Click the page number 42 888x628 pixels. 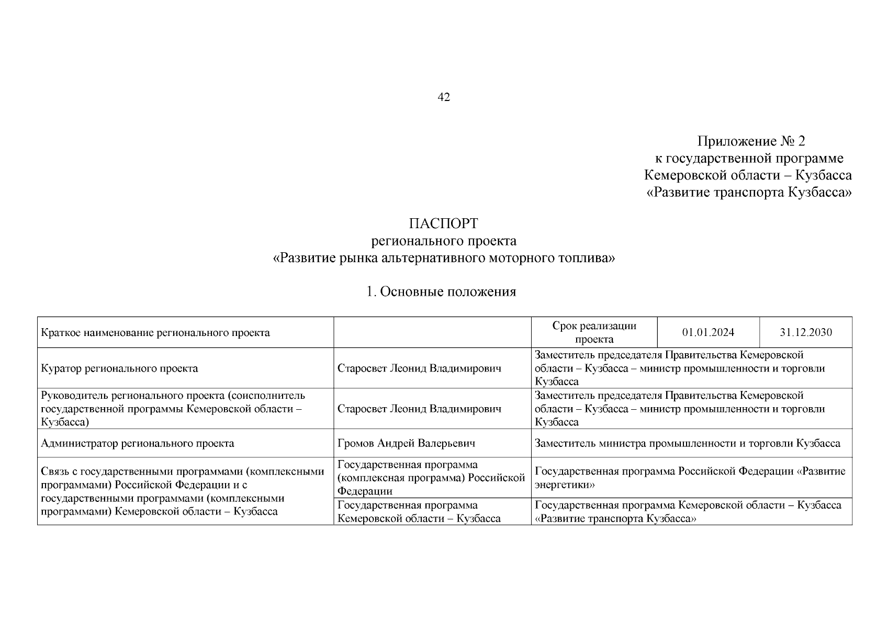(x=443, y=97)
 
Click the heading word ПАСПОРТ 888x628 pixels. (x=443, y=223)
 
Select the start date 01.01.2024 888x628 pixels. (x=707, y=332)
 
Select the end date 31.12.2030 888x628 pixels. (x=805, y=332)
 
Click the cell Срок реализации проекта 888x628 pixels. (x=594, y=332)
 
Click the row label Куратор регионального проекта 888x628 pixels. (x=119, y=368)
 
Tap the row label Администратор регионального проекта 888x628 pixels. (x=137, y=443)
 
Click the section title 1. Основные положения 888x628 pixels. (x=441, y=292)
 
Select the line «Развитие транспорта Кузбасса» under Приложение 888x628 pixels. (x=749, y=193)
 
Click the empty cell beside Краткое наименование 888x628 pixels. (x=432, y=332)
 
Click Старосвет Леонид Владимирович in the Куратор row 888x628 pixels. (x=419, y=368)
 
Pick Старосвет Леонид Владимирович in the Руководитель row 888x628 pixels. (x=419, y=409)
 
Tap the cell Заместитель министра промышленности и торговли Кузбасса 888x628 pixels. (x=687, y=443)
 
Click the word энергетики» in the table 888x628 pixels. (x=565, y=485)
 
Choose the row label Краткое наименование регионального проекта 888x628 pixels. (x=155, y=332)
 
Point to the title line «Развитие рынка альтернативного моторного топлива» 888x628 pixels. (x=444, y=258)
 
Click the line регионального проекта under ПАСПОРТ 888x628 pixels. (x=444, y=241)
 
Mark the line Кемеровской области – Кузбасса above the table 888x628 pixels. (x=748, y=175)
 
